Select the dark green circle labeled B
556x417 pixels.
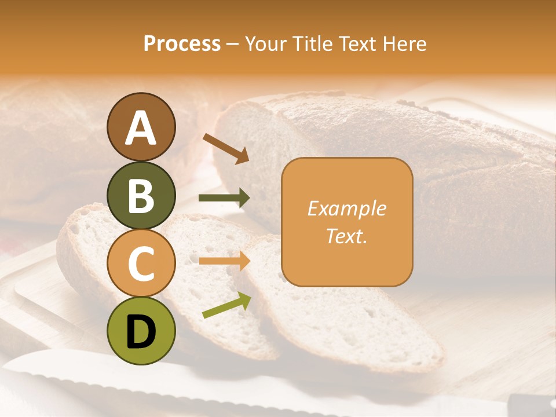point(141,195)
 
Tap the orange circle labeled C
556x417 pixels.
point(141,264)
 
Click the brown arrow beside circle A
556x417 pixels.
point(225,148)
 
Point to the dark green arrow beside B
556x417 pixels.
point(224,199)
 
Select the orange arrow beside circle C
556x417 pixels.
point(224,261)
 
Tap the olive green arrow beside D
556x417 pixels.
point(226,305)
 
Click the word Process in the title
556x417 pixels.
point(182,43)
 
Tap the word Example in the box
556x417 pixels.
point(346,209)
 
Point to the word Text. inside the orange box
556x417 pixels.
point(346,236)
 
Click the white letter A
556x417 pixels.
point(141,127)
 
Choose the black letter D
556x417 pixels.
point(141,332)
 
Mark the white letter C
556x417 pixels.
point(141,264)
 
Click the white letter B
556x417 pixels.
point(141,195)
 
